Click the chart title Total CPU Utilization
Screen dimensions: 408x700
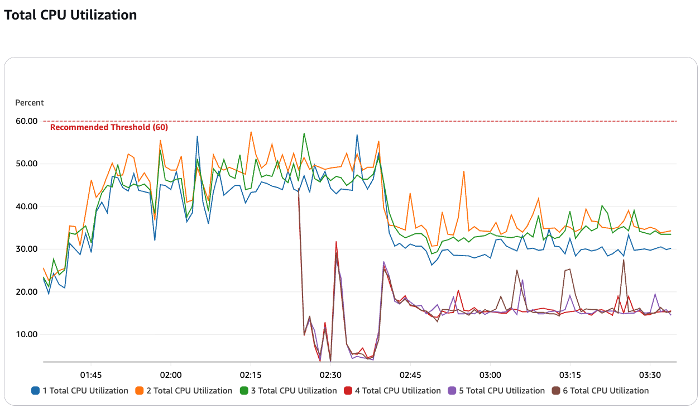70,15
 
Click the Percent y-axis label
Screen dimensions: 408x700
29,103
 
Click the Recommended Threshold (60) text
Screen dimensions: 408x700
109,127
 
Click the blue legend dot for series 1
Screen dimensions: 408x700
35,391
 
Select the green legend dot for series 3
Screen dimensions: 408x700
244,391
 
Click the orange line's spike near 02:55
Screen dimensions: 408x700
464,171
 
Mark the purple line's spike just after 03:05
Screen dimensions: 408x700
522,280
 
